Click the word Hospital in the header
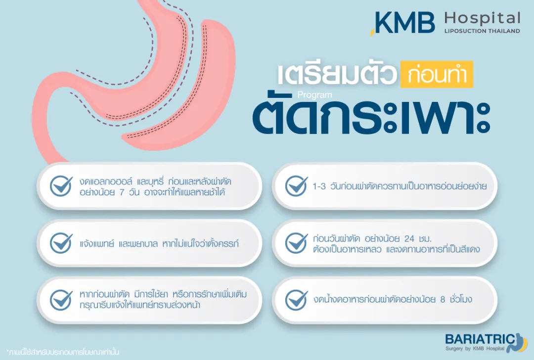[x=482, y=19]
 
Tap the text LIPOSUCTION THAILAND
[x=482, y=31]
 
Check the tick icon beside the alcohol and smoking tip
[x=61, y=186]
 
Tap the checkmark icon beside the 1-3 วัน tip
[x=296, y=186]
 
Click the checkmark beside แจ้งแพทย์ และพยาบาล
[x=61, y=243]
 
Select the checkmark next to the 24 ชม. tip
[x=296, y=243]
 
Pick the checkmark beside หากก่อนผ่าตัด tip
[x=61, y=300]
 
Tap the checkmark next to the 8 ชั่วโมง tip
[x=296, y=300]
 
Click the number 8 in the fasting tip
[x=442, y=300]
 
